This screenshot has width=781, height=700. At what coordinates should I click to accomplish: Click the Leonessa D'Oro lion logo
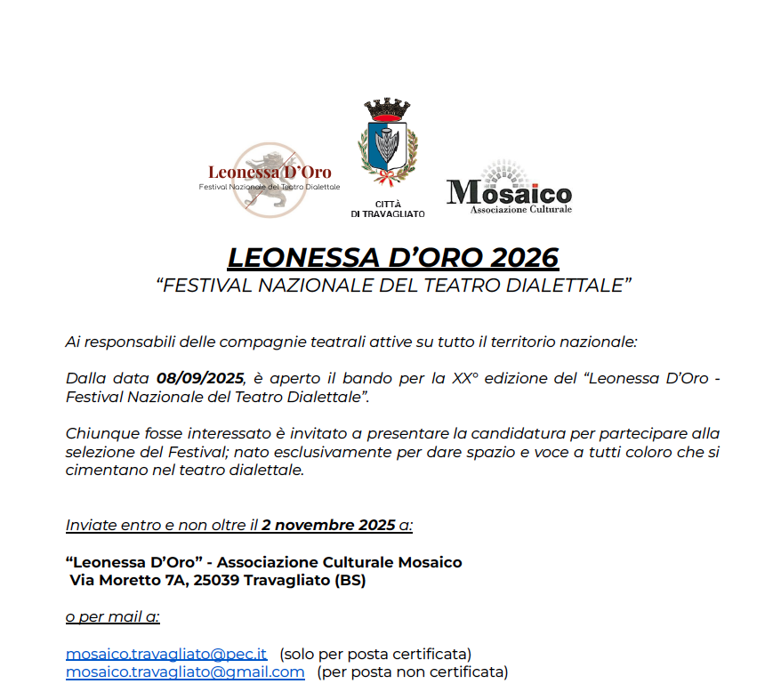pos(270,179)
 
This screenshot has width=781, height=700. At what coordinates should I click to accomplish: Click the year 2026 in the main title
pos(523,257)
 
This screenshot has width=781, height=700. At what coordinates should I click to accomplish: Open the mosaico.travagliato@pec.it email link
pos(165,654)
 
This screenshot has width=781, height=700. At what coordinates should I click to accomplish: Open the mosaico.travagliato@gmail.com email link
pos(185,672)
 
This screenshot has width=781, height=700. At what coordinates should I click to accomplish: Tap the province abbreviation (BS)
pos(350,581)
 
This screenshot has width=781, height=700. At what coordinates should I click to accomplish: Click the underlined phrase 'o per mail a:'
pos(112,617)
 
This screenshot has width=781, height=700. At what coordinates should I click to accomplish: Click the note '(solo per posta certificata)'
pos(375,654)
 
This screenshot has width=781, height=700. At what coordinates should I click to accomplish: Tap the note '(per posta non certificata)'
pos(412,672)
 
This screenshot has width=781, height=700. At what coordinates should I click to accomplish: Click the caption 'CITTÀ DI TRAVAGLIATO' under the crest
pos(387,209)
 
